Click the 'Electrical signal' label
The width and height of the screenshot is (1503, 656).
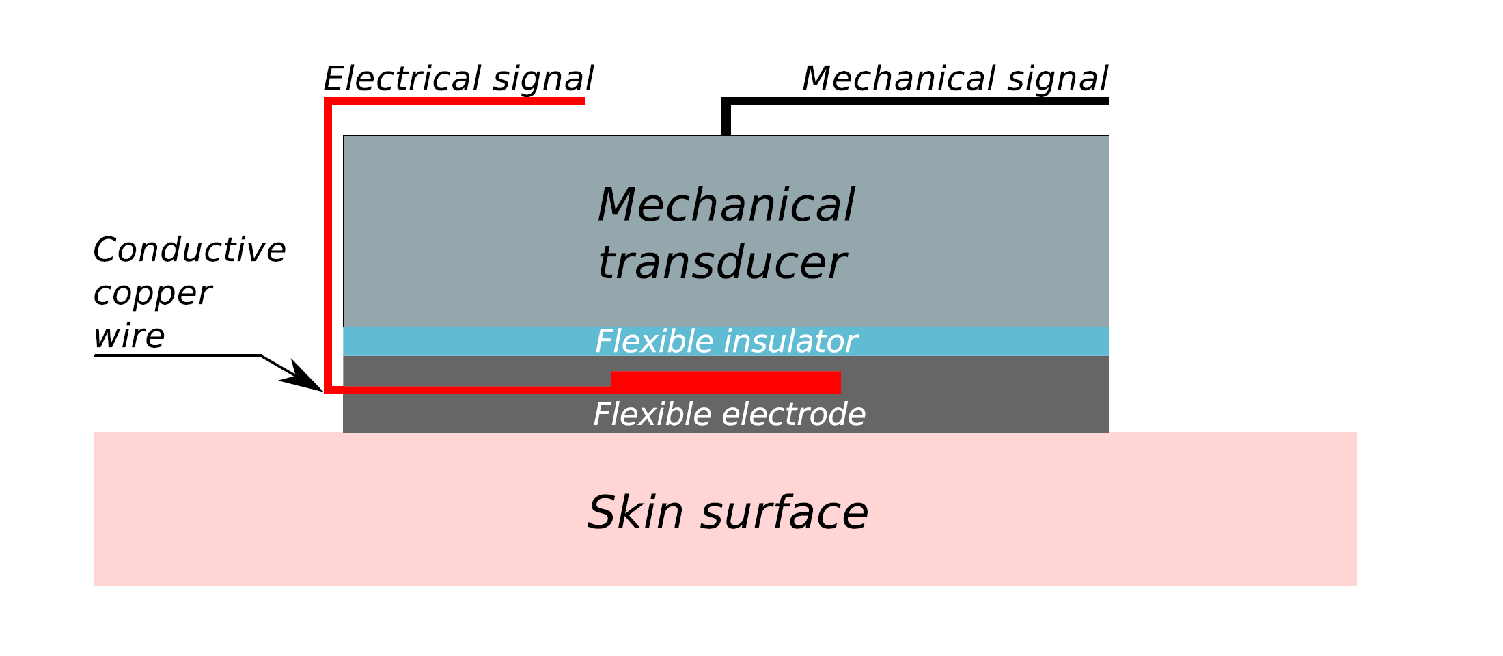[x=458, y=79]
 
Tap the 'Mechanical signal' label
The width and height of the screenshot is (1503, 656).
[x=954, y=79]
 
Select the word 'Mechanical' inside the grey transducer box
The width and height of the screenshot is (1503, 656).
[x=726, y=205]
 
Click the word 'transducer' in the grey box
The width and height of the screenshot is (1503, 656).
[x=721, y=263]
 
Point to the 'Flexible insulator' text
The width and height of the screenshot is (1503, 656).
[x=726, y=341]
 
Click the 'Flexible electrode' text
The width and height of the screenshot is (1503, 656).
[x=729, y=414]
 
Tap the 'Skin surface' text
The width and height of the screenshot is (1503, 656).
[x=728, y=512]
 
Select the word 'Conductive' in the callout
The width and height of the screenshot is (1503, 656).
[x=189, y=249]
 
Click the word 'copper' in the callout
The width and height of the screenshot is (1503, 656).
[x=152, y=294]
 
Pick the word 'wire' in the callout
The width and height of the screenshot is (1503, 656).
[x=129, y=336]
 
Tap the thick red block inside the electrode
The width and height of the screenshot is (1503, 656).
[x=726, y=383]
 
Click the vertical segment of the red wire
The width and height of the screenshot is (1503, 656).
[x=328, y=246]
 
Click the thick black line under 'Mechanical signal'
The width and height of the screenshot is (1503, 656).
[x=915, y=101]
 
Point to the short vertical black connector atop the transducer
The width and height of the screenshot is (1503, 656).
[x=726, y=120]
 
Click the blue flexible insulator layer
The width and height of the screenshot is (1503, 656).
[x=478, y=341]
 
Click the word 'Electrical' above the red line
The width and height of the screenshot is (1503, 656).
[x=403, y=79]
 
